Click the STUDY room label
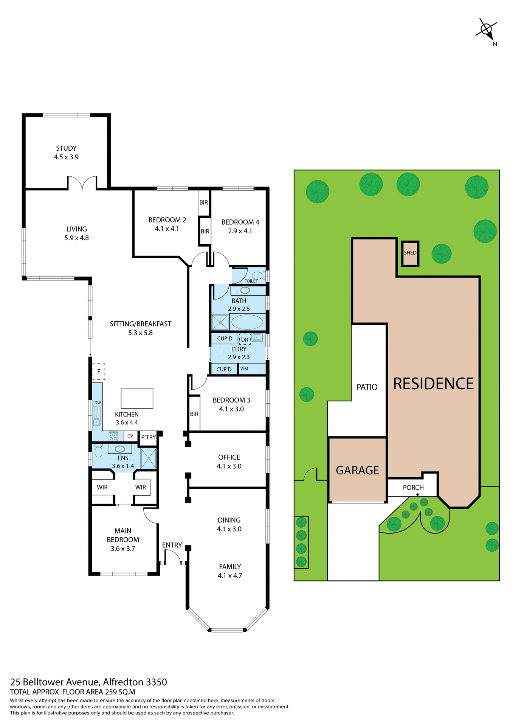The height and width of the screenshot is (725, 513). [x=66, y=148]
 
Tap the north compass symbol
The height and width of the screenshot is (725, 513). [x=487, y=29]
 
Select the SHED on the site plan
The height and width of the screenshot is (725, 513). [x=410, y=253]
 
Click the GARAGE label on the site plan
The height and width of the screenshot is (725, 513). [x=357, y=470]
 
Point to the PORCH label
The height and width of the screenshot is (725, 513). [x=413, y=487]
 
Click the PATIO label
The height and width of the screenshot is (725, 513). [x=367, y=387]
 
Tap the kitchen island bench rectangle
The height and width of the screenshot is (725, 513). [x=137, y=398]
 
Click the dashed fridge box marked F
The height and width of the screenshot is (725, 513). [x=99, y=372]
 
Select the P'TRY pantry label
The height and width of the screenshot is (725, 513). [x=148, y=437]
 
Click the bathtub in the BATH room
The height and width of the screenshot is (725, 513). [x=247, y=322]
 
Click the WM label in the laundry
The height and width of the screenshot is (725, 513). [x=244, y=369]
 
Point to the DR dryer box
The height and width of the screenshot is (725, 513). [x=245, y=339]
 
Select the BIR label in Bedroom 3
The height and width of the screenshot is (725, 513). [x=194, y=414]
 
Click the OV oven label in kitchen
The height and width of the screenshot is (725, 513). [x=130, y=436]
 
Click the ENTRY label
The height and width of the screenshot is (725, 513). [x=172, y=545]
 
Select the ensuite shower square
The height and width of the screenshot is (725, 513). [x=148, y=458]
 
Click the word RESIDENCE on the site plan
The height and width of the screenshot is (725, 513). [x=433, y=384]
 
